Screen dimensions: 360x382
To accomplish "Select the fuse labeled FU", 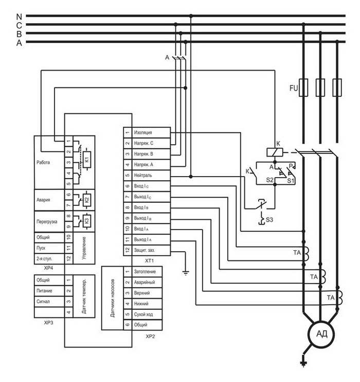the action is (x=303, y=88).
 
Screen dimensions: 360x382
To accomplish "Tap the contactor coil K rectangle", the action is (x=275, y=152).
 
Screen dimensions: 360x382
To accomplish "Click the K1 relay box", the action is (x=87, y=160).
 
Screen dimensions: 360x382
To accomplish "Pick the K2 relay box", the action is (x=87, y=199).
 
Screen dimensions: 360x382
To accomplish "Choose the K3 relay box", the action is (x=87, y=221).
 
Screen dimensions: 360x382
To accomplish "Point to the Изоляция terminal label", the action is (x=143, y=132).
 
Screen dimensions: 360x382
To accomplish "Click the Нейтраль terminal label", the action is (x=143, y=176).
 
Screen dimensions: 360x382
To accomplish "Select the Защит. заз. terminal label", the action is (x=145, y=250).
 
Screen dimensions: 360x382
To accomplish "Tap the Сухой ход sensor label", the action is (x=143, y=314).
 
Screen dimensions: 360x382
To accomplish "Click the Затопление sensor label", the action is (x=145, y=272).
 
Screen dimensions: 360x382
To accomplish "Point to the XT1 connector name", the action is (x=150, y=261).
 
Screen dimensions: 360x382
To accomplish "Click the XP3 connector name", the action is (x=48, y=323).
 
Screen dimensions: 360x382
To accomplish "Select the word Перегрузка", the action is (x=47, y=222).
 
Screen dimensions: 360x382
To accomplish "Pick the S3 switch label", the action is (x=269, y=220).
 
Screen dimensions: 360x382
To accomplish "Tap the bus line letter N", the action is (x=19, y=17).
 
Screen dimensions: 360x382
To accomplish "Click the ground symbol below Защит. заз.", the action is (x=186, y=273).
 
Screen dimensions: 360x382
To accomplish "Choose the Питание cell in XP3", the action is (x=49, y=291).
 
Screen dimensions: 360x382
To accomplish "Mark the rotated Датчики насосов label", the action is (x=112, y=298).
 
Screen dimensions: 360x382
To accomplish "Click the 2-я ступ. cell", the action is (x=49, y=258).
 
